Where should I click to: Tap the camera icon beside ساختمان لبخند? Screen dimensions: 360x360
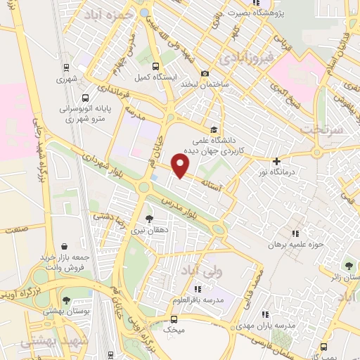[205, 73]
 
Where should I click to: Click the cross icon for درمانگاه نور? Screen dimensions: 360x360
[276, 161]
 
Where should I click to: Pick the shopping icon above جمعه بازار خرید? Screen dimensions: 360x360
[65, 247]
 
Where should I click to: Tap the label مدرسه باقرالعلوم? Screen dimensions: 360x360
[198, 300]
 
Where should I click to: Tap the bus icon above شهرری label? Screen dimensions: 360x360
[65, 68]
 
